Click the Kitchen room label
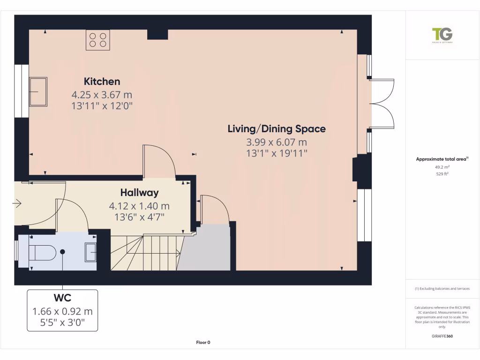[x=102, y=81]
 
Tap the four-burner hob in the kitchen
[x=97, y=40]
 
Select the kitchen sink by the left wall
[x=38, y=91]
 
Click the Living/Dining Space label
[x=277, y=128]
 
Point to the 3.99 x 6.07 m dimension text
[x=277, y=142]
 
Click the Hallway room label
[x=139, y=192]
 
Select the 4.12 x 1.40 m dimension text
[x=139, y=206]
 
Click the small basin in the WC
[x=90, y=252]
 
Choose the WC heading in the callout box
[x=62, y=298]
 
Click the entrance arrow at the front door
[x=18, y=203]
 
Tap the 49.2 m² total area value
[x=442, y=167]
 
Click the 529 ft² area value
[x=442, y=174]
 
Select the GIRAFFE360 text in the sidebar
[x=442, y=336]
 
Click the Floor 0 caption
[x=203, y=342]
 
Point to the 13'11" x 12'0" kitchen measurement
[x=102, y=105]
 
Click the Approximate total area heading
[x=442, y=159]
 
